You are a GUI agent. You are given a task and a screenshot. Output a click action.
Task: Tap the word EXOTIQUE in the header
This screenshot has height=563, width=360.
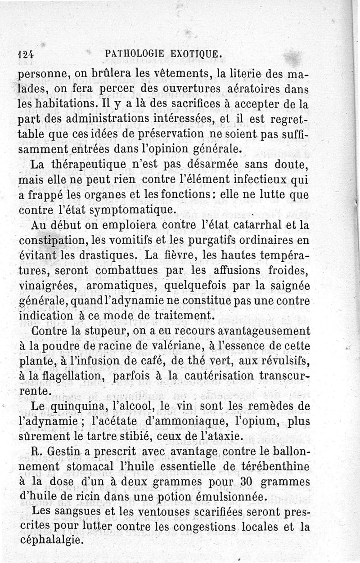197,55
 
